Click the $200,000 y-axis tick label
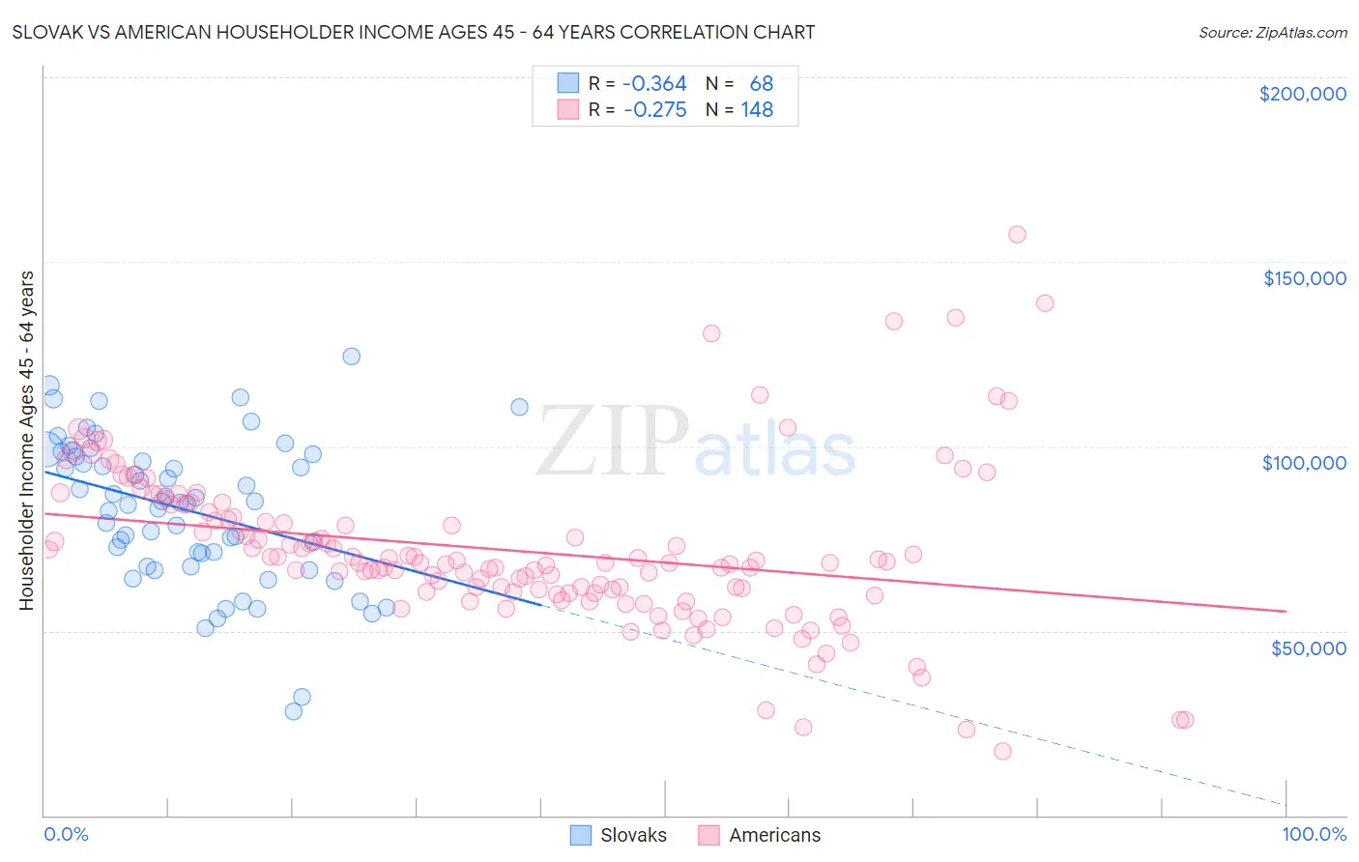pos(1302,94)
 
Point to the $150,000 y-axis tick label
pos(1304,278)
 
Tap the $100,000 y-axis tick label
pos(1304,463)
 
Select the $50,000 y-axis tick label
pos(1308,647)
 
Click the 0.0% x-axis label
pos(66,834)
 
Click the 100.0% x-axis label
pos(1314,834)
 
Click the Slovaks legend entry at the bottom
pos(620,835)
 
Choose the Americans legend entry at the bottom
pos(760,835)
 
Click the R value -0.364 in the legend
pos(654,84)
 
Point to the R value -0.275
pos(654,110)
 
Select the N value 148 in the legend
pos(757,110)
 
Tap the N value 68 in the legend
pos(762,84)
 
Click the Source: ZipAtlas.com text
pos(1272,32)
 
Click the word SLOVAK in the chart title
pos(49,32)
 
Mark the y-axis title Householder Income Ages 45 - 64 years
pos(26,441)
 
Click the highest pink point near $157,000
pos(1017,234)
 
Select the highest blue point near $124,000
pos(352,357)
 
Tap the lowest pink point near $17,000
pos(1002,751)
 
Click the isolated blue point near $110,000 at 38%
pos(519,407)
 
